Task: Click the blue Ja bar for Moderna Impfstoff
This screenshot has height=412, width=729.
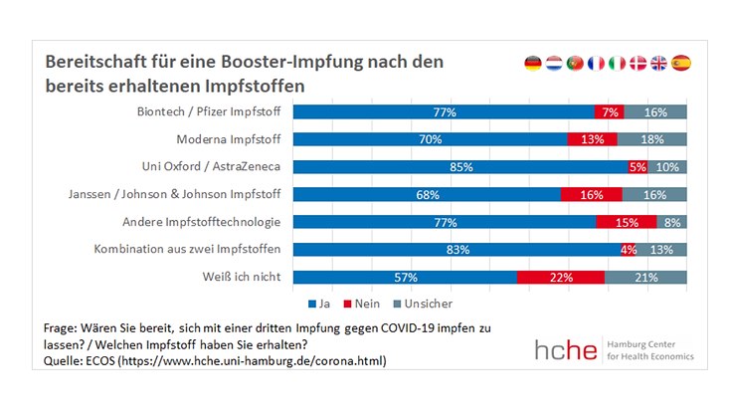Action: pyautogui.click(x=432, y=140)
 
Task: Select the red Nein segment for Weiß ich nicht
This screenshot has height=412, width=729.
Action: pyautogui.click(x=560, y=278)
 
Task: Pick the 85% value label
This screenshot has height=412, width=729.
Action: pyautogui.click(x=460, y=167)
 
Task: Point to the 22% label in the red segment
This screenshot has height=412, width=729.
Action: pyautogui.click(x=560, y=278)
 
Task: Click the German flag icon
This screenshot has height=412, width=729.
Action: pyautogui.click(x=533, y=63)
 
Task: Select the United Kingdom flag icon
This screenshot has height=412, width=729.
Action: pyautogui.click(x=658, y=63)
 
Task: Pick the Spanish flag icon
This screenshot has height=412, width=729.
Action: pyautogui.click(x=680, y=63)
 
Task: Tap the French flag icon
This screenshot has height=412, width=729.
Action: pyautogui.click(x=596, y=63)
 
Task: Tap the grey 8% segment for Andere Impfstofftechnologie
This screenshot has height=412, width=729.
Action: pyautogui.click(x=672, y=222)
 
